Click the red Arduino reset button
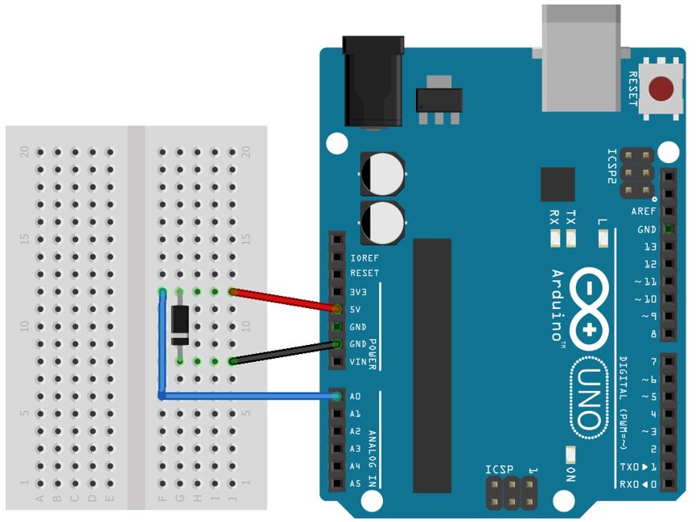[x=661, y=88]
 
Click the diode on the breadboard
[x=181, y=326]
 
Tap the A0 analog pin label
[x=355, y=397]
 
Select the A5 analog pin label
[x=355, y=483]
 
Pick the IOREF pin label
[x=364, y=258]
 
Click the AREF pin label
[x=644, y=212]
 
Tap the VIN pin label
[x=358, y=362]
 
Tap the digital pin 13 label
[x=649, y=247]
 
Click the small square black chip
[x=558, y=183]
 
